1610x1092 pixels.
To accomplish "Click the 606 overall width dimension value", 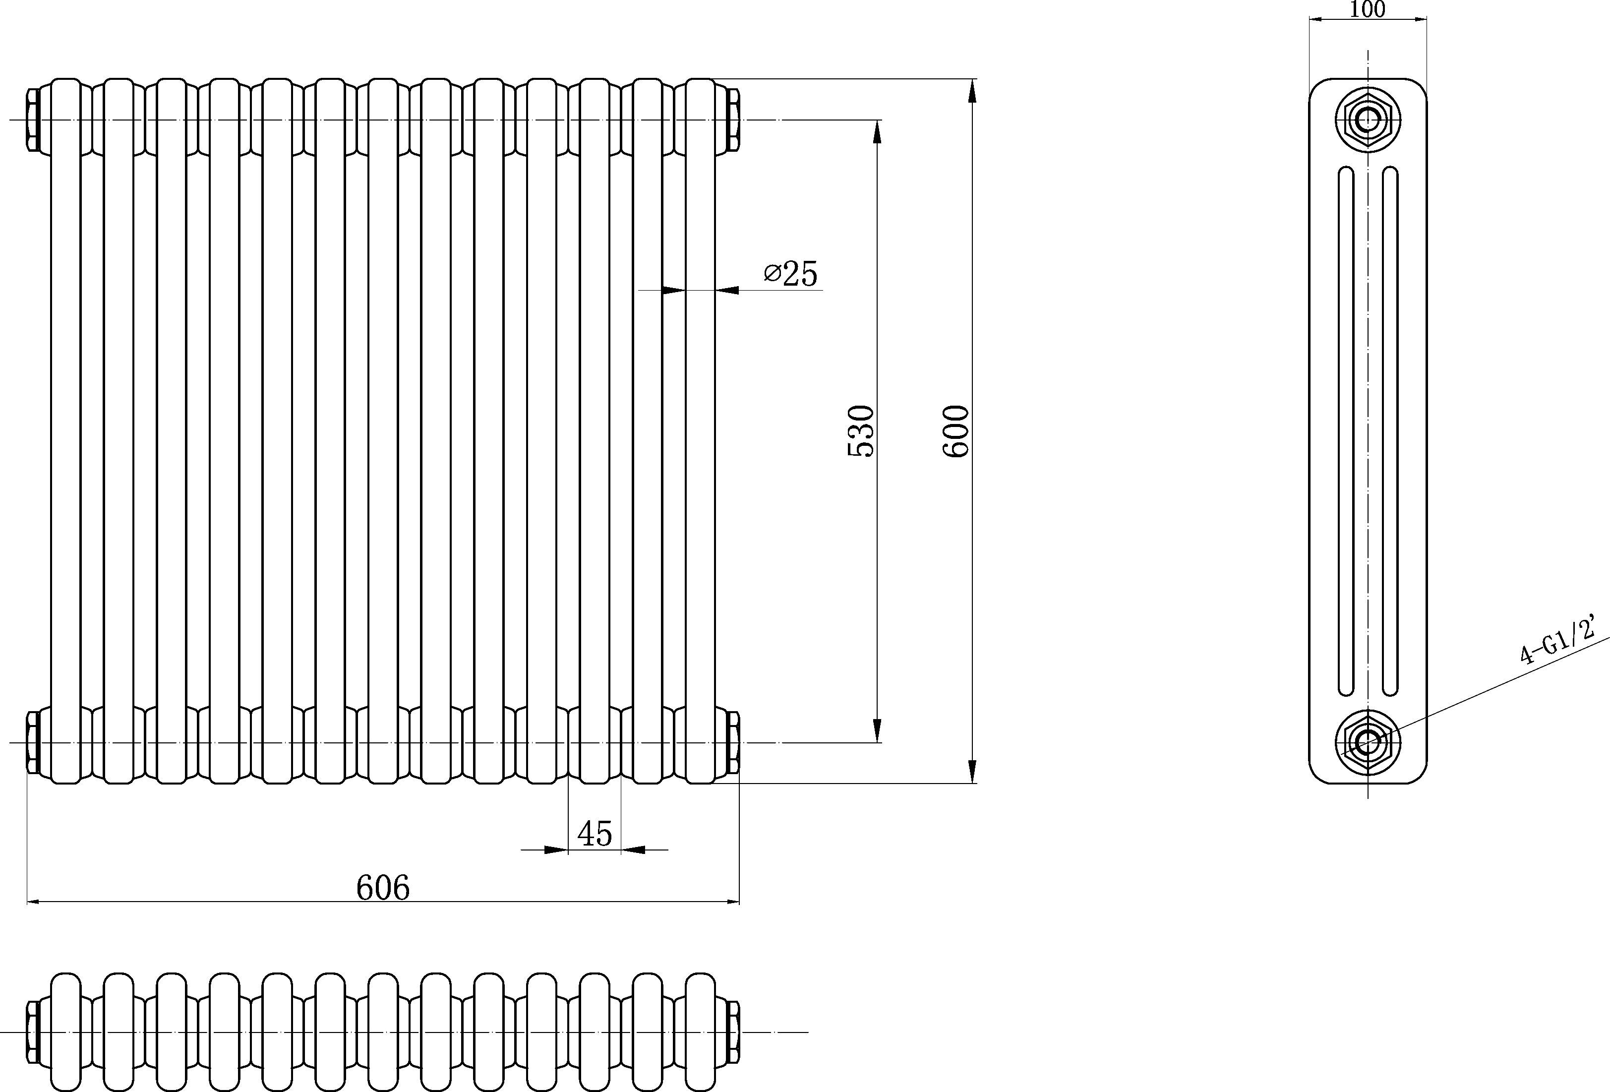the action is pyautogui.click(x=383, y=888).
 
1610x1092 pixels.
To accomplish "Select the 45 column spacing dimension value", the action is pyautogui.click(x=595, y=834).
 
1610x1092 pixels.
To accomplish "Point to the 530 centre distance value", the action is pyautogui.click(x=861, y=431).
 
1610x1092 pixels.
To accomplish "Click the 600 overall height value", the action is pyautogui.click(x=956, y=431).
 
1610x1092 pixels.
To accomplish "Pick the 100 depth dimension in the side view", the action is pyautogui.click(x=1368, y=10).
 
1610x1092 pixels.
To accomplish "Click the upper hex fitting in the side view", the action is pyautogui.click(x=1368, y=119).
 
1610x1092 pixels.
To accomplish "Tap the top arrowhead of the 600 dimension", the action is pyautogui.click(x=972, y=91).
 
